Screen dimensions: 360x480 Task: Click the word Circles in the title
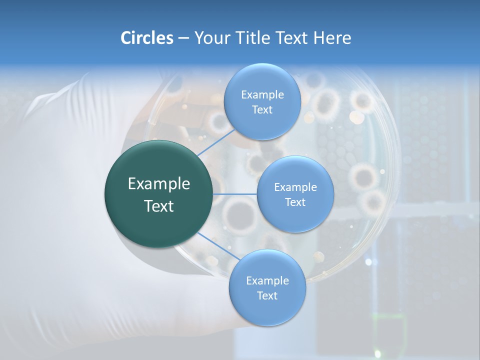146,38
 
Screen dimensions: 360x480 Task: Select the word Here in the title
332,38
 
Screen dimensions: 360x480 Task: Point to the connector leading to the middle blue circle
235,194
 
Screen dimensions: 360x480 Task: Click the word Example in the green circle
159,184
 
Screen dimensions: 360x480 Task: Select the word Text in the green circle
159,206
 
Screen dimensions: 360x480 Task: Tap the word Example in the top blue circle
262,95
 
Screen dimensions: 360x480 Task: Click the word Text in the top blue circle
262,110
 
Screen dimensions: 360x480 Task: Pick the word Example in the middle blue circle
295,187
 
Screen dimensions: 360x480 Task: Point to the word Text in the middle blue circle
295,202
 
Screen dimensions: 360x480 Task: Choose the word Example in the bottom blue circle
267,281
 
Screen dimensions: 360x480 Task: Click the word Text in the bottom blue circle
267,296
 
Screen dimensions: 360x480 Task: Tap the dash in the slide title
183,38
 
